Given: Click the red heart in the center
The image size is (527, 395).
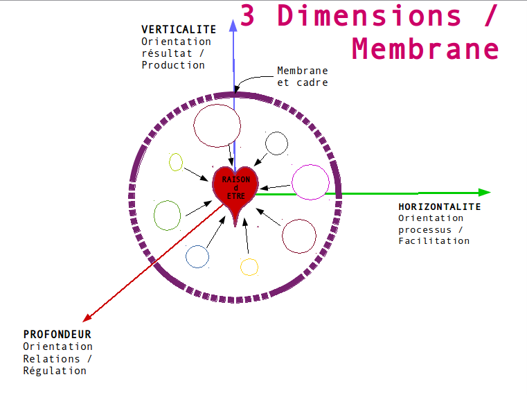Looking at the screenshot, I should pyautogui.click(x=235, y=191).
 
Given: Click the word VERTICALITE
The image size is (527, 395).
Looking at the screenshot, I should pyautogui.click(x=179, y=29).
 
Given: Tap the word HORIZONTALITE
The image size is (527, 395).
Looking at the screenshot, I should pyautogui.click(x=439, y=207).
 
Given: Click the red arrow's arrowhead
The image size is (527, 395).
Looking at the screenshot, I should pyautogui.click(x=87, y=318).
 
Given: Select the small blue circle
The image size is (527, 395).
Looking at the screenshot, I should pyautogui.click(x=197, y=256).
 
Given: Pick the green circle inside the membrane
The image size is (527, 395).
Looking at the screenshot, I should pyautogui.click(x=168, y=215).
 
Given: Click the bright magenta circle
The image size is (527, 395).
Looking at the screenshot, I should pyautogui.click(x=310, y=182).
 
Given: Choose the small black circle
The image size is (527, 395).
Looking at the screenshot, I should pyautogui.click(x=276, y=143).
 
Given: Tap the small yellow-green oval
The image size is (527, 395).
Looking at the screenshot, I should pyautogui.click(x=176, y=162).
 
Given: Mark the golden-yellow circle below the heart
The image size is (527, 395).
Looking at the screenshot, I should pyautogui.click(x=249, y=266).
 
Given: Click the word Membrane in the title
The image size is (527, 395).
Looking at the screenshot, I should pyautogui.click(x=425, y=49).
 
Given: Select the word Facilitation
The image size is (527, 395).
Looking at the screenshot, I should pyautogui.click(x=434, y=240).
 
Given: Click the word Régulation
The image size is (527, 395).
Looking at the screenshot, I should pyautogui.click(x=55, y=371).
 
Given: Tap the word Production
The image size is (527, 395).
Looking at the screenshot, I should pyautogui.click(x=173, y=65).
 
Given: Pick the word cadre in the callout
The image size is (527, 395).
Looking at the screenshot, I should pyautogui.click(x=312, y=82).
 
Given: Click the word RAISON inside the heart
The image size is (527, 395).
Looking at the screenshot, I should pyautogui.click(x=235, y=179).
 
